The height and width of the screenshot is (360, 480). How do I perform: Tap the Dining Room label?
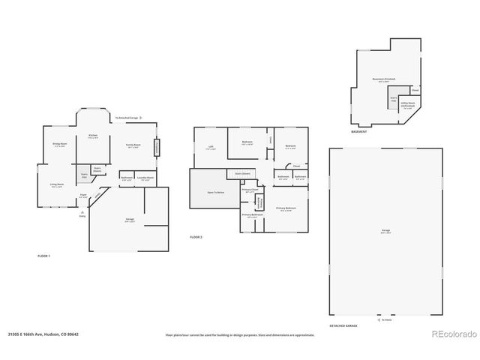(60, 145)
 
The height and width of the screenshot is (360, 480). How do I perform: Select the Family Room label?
(134, 147)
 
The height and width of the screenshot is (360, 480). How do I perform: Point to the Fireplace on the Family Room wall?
(157, 147)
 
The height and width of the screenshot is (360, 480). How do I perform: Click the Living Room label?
(57, 185)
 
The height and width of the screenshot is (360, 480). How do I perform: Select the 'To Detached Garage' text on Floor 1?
(127, 118)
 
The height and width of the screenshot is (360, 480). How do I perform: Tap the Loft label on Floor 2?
(211, 148)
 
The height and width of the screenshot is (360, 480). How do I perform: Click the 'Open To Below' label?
(217, 193)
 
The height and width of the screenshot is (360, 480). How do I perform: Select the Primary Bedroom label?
(286, 208)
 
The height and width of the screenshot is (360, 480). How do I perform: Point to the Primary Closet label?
(250, 190)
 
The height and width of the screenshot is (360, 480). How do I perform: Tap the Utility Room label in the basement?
(407, 106)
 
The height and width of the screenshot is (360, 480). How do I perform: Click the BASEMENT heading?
(359, 132)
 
